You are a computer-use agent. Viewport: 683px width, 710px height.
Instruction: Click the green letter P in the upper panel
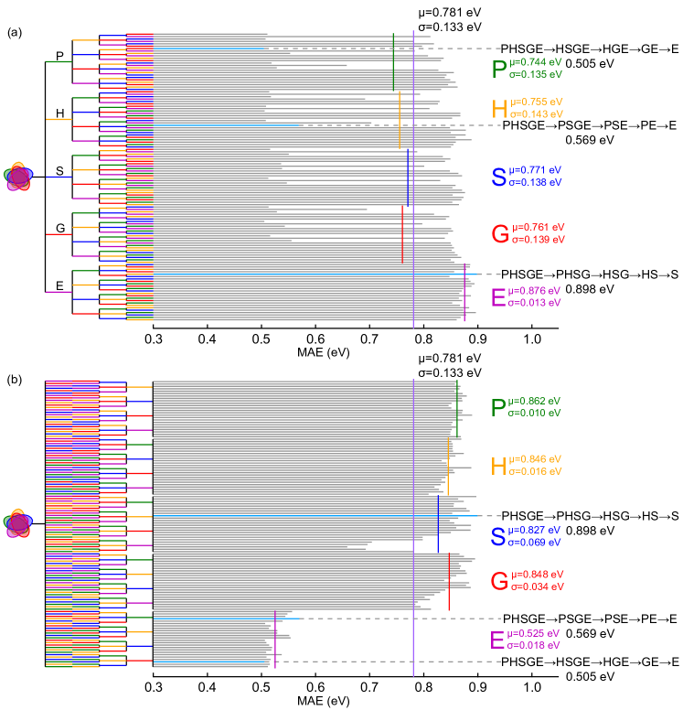(498, 69)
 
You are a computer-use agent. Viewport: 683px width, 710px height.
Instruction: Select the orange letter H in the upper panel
(498, 109)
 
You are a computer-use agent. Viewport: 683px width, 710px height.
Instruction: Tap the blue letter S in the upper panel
(498, 177)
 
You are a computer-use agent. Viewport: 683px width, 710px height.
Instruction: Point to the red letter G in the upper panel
(499, 234)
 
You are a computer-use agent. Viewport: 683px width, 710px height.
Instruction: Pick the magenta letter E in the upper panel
(498, 297)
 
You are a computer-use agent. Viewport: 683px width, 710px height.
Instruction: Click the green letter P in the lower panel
(498, 408)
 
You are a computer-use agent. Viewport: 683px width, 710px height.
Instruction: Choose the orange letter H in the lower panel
(498, 466)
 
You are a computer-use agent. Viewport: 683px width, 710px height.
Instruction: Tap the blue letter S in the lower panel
(498, 537)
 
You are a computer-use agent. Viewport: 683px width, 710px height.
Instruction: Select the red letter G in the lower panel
(499, 581)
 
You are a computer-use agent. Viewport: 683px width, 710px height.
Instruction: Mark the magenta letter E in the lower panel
(498, 640)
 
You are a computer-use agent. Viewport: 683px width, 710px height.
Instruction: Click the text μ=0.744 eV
(536, 61)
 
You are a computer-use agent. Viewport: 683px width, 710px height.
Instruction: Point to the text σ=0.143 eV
(536, 114)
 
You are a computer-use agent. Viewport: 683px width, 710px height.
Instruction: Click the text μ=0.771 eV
(536, 170)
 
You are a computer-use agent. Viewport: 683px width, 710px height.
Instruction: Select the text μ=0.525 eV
(534, 633)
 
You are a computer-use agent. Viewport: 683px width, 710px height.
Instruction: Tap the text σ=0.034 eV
(538, 586)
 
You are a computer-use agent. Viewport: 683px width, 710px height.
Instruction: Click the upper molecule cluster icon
(18, 177)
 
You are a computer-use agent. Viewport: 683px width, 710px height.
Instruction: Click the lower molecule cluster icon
(18, 523)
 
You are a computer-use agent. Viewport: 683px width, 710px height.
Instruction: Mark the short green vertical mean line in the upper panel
(393, 61)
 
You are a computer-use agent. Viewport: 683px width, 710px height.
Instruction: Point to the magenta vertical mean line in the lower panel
(275, 639)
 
